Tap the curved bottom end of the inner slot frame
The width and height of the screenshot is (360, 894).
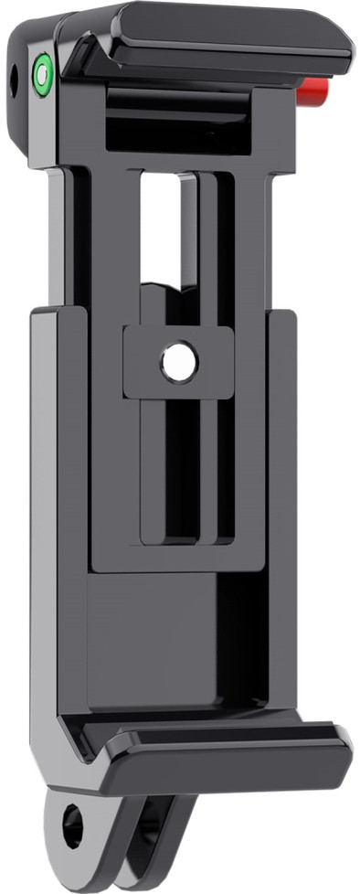(x=183, y=539)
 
